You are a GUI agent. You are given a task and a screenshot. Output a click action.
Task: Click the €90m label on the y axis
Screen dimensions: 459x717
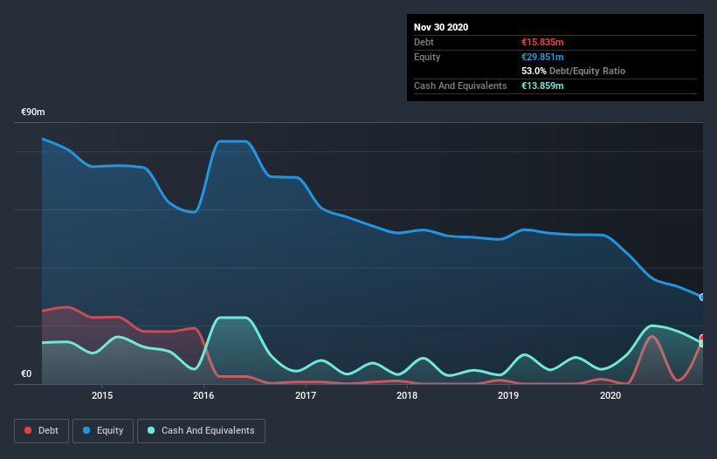point(33,113)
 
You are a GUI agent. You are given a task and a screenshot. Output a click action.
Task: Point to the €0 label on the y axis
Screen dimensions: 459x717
point(26,374)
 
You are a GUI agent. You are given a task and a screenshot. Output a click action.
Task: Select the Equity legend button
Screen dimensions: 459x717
point(103,430)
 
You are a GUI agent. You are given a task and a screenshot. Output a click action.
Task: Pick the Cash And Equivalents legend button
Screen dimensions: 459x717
point(201,430)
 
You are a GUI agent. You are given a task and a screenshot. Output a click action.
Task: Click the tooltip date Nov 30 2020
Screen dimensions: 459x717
point(441,27)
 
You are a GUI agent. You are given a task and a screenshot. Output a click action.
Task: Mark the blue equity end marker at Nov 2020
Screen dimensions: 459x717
point(702,298)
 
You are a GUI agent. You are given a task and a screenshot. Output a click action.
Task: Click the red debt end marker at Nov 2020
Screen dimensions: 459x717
point(702,338)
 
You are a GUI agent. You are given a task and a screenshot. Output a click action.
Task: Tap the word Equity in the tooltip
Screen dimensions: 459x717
point(428,57)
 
